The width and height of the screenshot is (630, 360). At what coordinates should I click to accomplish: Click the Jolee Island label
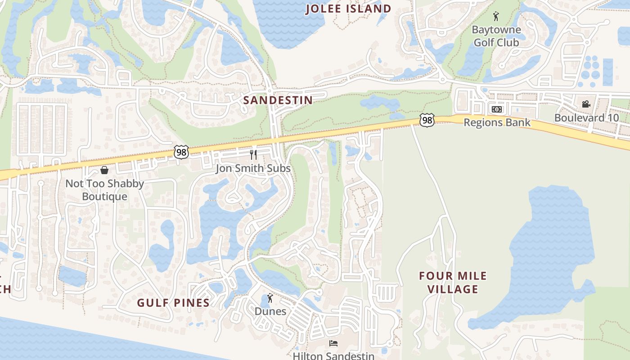pos(348,9)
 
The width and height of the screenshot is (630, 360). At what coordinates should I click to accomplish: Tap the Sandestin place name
pos(278,100)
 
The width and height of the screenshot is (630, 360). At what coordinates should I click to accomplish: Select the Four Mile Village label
pos(453,282)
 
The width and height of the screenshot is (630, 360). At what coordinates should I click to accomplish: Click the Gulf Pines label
pos(173,302)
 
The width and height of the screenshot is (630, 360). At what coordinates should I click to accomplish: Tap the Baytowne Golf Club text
pos(496,36)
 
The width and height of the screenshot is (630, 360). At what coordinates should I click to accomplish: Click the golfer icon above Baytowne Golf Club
pos(496,17)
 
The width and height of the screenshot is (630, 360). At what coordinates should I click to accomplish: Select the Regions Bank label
pos(497,122)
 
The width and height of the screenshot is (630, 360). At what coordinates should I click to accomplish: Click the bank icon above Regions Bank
pos(496,109)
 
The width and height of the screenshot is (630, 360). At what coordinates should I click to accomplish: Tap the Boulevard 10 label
pos(586,118)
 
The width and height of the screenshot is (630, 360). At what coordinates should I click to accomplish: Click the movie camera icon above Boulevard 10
pos(586,104)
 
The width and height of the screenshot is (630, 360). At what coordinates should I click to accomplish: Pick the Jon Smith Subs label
pos(253,168)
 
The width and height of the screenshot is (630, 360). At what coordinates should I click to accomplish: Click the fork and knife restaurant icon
pos(253,155)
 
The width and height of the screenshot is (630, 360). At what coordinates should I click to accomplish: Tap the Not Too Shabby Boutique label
pos(104,190)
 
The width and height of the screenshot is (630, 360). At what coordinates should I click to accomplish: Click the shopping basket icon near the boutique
pos(104,170)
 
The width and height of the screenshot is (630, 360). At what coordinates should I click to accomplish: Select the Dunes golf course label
pos(270,311)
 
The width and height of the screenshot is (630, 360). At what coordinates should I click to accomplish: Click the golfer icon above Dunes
pos(270,298)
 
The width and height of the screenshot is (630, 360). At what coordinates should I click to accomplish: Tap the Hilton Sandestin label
pos(333,356)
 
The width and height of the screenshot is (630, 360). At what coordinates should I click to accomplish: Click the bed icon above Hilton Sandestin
pos(333,343)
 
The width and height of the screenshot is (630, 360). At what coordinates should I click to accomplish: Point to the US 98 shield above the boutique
pos(181,152)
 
